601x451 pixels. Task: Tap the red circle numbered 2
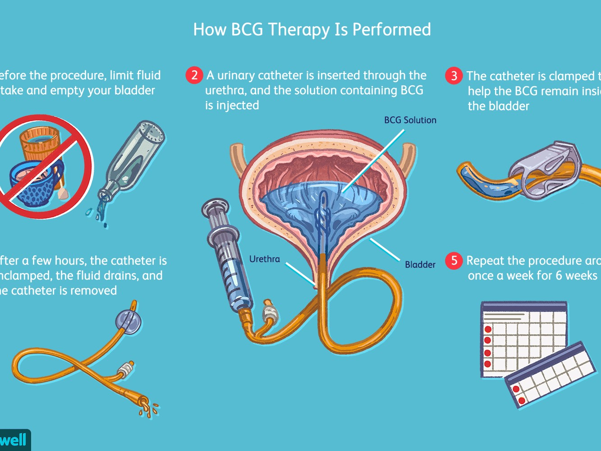(194, 75)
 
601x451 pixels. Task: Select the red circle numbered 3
(454, 76)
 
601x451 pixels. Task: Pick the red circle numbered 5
(454, 261)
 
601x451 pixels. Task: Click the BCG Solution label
(410, 120)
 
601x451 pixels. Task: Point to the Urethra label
(265, 259)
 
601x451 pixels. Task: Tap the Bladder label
(420, 265)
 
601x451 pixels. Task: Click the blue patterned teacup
(34, 183)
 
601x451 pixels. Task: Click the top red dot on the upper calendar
(487, 329)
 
